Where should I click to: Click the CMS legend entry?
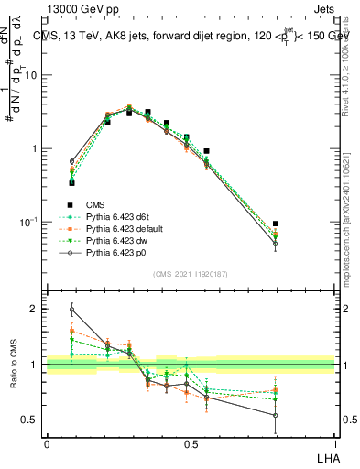pyautogui.click(x=94, y=204)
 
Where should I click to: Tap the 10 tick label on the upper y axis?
pyautogui.click(x=31, y=75)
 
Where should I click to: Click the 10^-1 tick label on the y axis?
pyautogui.click(x=29, y=222)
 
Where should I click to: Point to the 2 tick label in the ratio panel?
pyautogui.click(x=36, y=309)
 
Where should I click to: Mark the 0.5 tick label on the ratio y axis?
pyautogui.click(x=32, y=420)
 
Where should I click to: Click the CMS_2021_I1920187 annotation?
pyautogui.click(x=191, y=274)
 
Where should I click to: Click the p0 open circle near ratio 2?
pyautogui.click(x=72, y=310)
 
